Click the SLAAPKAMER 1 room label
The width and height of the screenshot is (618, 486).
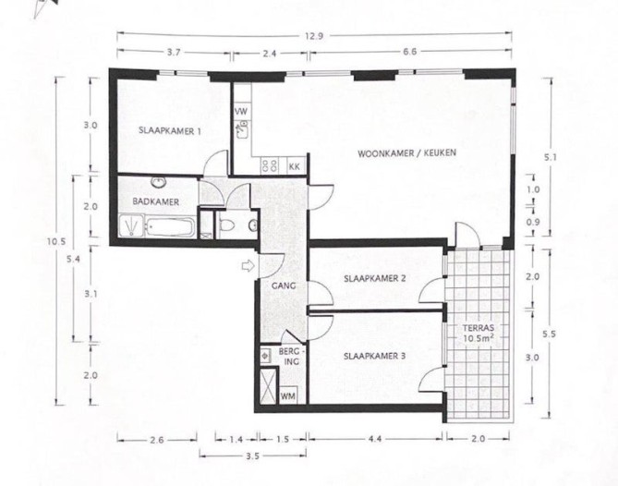click(x=171, y=131)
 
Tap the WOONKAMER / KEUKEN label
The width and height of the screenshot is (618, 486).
click(x=407, y=152)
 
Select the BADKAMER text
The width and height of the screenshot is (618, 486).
click(x=155, y=201)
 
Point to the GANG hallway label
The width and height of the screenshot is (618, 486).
click(x=283, y=286)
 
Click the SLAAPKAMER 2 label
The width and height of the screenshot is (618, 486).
click(x=375, y=277)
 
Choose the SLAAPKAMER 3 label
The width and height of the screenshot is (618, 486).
click(x=375, y=355)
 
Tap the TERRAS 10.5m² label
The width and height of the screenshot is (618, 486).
click(x=478, y=334)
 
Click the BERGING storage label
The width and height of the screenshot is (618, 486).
click(x=291, y=358)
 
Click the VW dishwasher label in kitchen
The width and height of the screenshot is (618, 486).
click(x=241, y=112)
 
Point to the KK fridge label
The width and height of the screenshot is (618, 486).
click(x=294, y=167)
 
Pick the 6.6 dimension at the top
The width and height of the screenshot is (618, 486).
click(x=408, y=54)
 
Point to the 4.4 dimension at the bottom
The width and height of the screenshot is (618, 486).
click(x=375, y=439)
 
